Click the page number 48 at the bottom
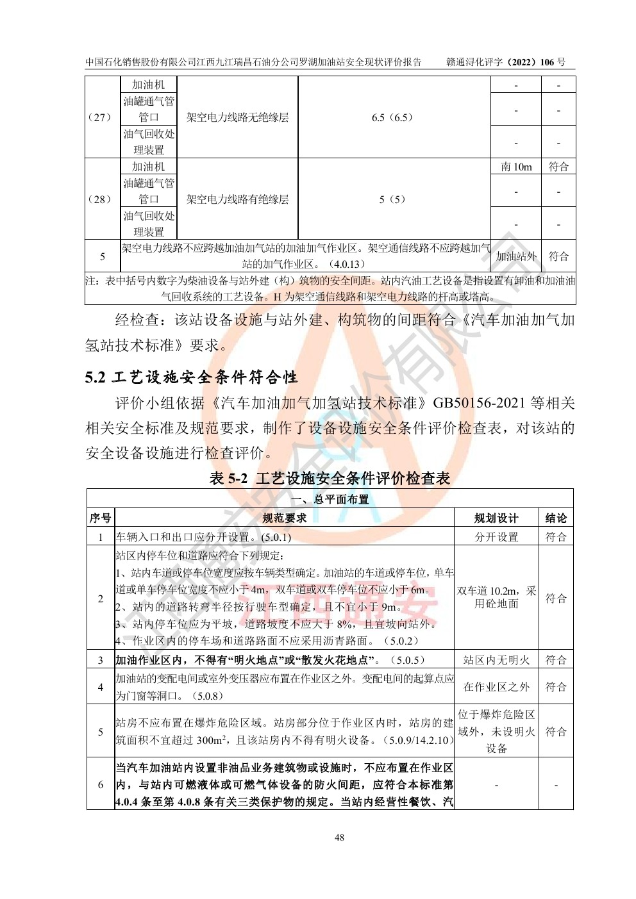click(339, 837)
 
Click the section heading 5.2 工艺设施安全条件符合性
click(191, 377)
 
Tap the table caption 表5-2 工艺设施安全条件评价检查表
click(330, 479)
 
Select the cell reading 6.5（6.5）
click(392, 117)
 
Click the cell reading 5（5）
click(392, 199)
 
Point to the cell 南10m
click(516, 167)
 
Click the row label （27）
click(99, 117)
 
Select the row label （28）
click(99, 199)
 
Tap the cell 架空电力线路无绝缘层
click(237, 117)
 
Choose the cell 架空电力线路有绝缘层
click(237, 199)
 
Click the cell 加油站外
click(516, 256)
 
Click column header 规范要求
click(284, 518)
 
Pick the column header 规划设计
click(496, 518)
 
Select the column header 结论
click(556, 518)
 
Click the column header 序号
click(100, 518)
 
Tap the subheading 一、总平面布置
click(330, 499)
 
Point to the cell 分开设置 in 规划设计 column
click(496, 537)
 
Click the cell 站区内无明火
click(496, 660)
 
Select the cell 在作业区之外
click(496, 687)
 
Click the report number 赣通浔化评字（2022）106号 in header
click(506, 62)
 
